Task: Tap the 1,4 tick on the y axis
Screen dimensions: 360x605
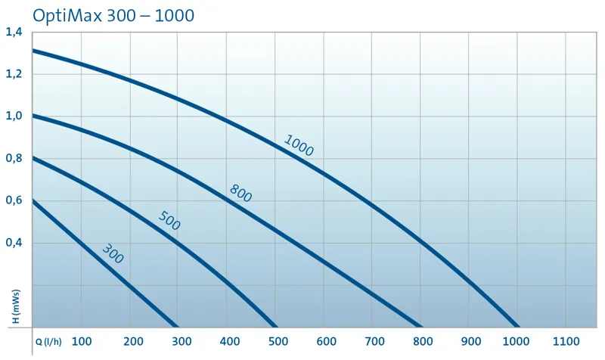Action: (x=14, y=32)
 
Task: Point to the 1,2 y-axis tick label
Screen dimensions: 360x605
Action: (x=14, y=74)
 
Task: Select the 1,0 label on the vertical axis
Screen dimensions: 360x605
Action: (x=14, y=116)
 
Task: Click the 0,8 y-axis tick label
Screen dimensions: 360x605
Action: (x=14, y=159)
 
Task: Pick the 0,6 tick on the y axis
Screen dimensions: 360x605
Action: (x=14, y=200)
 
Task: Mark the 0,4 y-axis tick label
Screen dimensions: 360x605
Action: (x=14, y=243)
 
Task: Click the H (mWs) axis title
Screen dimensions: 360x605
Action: (x=15, y=306)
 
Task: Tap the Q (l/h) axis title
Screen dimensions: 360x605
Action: (x=49, y=342)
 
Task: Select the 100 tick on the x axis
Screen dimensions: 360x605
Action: (x=82, y=341)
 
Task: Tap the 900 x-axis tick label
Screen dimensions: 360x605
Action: (x=471, y=341)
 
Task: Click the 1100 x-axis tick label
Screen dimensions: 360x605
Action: (x=569, y=341)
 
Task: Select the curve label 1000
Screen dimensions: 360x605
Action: (x=298, y=145)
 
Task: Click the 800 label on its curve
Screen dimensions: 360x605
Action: (x=240, y=193)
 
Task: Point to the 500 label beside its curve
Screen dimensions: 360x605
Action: (x=169, y=221)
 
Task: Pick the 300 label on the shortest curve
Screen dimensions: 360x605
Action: (x=113, y=253)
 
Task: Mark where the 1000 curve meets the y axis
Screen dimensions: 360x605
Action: (x=33, y=51)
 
